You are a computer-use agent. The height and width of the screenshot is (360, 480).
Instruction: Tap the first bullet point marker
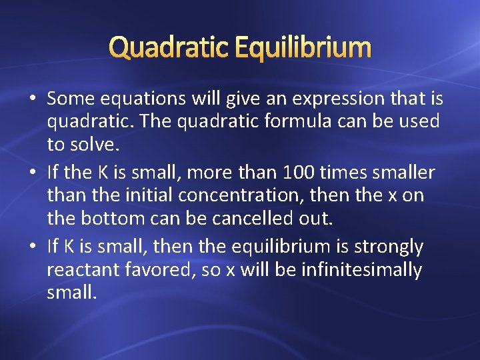click(x=33, y=99)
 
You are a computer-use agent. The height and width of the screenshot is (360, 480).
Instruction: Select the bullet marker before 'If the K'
click(x=33, y=173)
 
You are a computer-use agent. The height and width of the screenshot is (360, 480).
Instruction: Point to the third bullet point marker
click(x=33, y=247)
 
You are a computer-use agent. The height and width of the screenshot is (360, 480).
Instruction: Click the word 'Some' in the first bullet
click(x=71, y=99)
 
